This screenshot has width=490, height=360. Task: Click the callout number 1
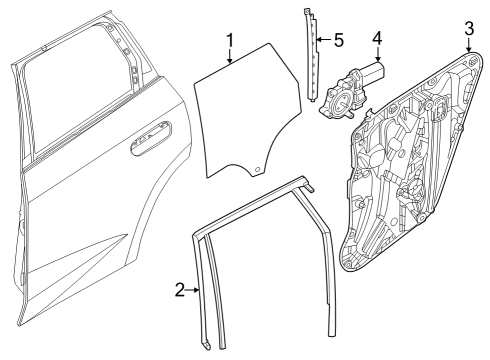pos(230,41)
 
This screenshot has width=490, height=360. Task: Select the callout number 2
pos(180,290)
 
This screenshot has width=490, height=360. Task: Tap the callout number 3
pos(468,27)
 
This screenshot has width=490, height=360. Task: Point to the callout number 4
pos(377,39)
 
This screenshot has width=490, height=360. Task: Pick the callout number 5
pos(339,41)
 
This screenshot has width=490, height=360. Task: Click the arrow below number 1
pos(230,58)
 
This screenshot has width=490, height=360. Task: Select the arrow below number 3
pos(468,44)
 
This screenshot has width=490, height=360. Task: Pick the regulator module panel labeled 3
pos(410,170)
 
